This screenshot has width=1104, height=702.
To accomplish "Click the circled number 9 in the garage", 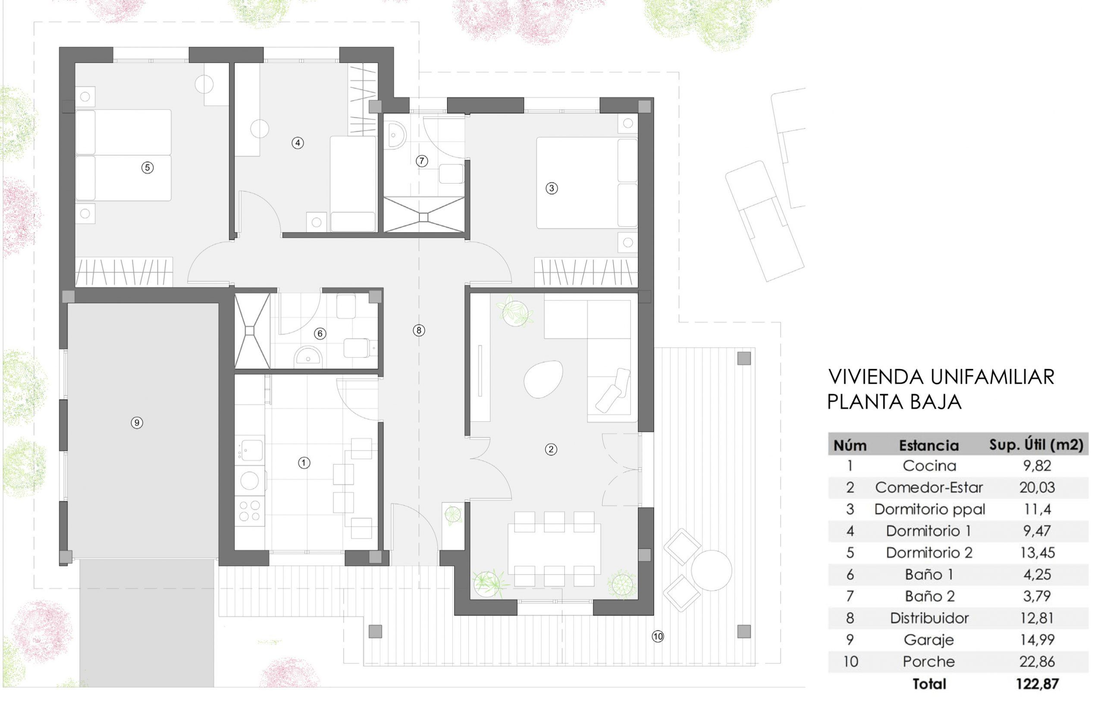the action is click(137, 422).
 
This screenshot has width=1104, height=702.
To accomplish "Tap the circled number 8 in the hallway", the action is click(419, 330).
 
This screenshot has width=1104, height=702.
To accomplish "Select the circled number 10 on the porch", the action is click(658, 636).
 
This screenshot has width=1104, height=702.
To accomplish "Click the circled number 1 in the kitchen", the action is click(304, 463).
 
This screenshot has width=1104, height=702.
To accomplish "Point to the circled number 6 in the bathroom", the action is click(320, 333).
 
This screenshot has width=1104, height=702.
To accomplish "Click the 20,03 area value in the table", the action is click(1037, 487).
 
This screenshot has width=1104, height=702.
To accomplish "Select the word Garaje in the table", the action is click(929, 640).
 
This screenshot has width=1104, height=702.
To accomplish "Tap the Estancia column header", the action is click(929, 445).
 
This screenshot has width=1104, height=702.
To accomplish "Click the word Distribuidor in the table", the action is click(929, 618).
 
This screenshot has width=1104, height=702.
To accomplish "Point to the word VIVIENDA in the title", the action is click(876, 377).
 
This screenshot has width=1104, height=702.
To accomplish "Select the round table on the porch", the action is click(712, 570).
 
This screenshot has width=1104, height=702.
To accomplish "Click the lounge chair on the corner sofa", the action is click(613, 390).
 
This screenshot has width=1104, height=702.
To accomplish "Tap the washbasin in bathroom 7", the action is click(395, 135).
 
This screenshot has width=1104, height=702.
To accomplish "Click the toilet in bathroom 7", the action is click(451, 174).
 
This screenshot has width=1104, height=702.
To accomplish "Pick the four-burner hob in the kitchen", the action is click(249, 511).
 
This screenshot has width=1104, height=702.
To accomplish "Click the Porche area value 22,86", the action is click(1037, 661).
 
